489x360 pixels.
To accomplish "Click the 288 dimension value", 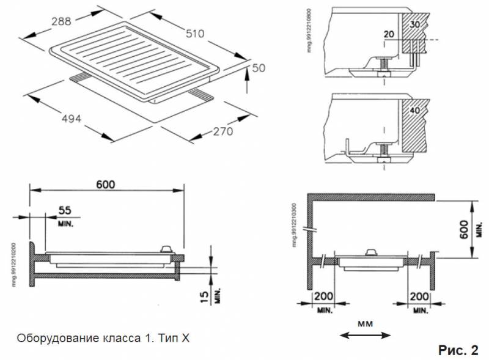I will tap(61, 21).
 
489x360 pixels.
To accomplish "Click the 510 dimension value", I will tap(195, 34).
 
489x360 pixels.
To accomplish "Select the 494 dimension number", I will tap(72, 119).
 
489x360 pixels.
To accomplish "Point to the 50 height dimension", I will tap(259, 68).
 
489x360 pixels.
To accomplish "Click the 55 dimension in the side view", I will tap(65, 210).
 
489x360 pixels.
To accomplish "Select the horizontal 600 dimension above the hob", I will tap(105, 183).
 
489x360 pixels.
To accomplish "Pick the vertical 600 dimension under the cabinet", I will tap(465, 228).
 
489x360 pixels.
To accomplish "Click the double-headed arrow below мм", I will tap(365, 334).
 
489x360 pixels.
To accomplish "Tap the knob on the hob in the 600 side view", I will tap(166, 249).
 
